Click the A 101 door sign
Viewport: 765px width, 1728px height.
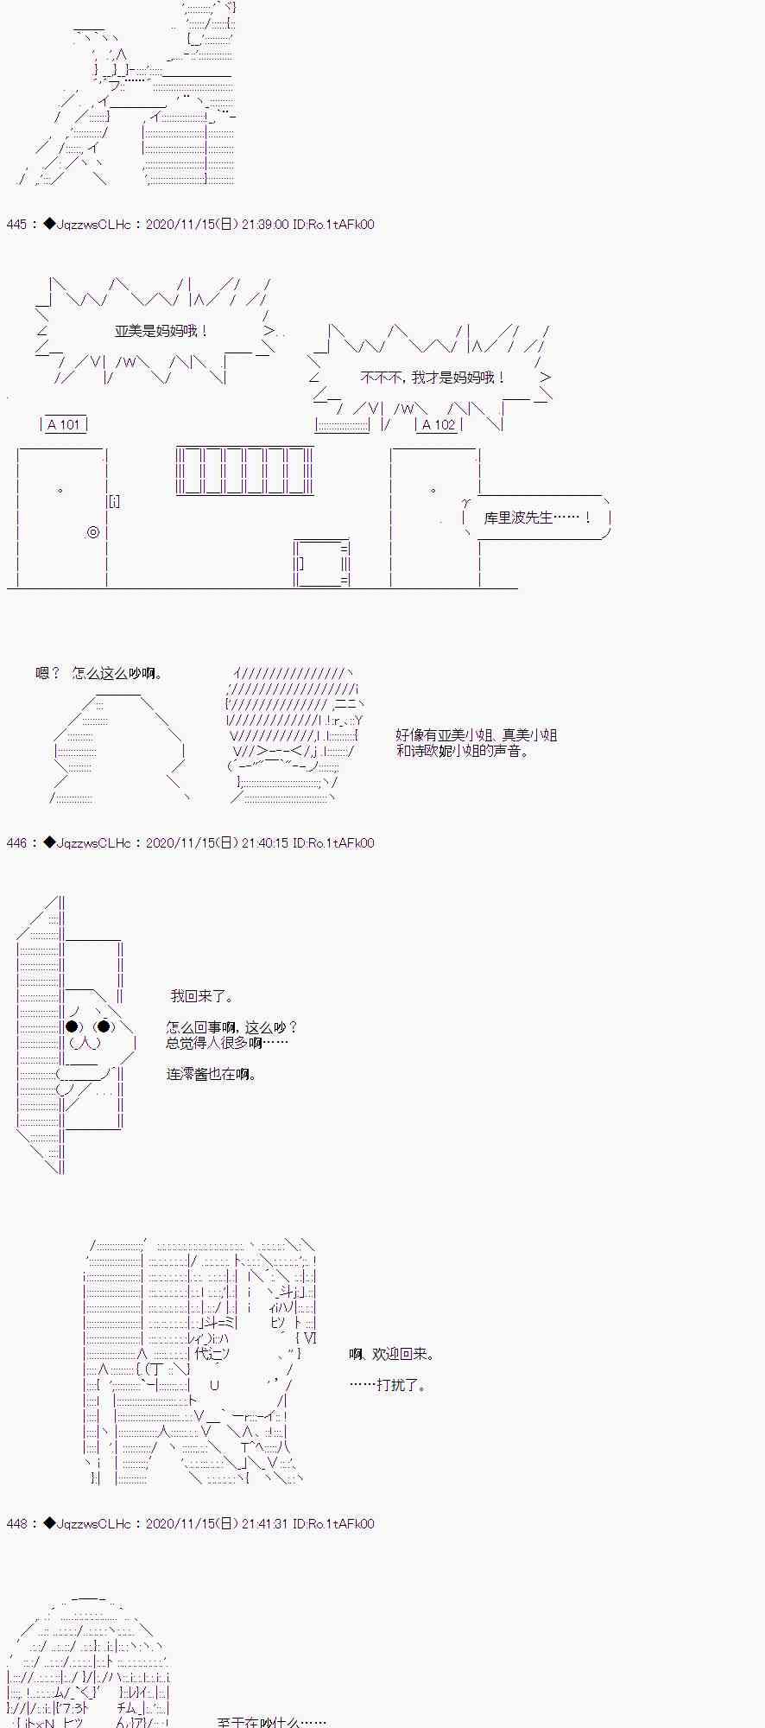pos(64,424)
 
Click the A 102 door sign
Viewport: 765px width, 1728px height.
pos(439,424)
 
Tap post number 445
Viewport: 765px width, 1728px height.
pos(16,225)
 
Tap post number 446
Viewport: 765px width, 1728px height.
pos(16,843)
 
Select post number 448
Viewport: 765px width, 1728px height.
pos(16,1524)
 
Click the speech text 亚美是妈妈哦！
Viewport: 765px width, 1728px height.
pos(161,331)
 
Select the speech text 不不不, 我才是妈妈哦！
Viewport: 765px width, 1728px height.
pos(433,378)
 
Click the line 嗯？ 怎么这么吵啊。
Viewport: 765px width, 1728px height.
pos(98,673)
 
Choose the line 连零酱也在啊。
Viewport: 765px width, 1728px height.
pos(212,1074)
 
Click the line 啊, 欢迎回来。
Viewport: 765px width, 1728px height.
pos(392,1354)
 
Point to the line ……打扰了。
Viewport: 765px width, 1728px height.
pos(388,1385)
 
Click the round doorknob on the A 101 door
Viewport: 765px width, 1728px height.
pos(93,532)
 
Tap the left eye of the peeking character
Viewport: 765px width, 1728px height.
pos(73,1026)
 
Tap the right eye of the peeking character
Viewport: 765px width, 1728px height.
pos(104,1026)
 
